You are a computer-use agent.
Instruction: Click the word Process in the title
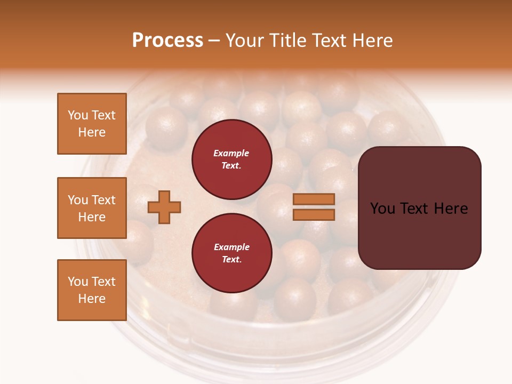tap(167, 40)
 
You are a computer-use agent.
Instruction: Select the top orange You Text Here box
tap(92, 124)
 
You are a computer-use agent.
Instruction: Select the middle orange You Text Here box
tap(92, 208)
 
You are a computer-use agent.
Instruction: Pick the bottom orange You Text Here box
tap(92, 290)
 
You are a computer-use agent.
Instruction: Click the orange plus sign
tap(164, 207)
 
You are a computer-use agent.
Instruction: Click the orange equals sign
tap(314, 207)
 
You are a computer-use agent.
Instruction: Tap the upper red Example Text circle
tap(231, 159)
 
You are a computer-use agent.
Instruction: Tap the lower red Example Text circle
tap(231, 253)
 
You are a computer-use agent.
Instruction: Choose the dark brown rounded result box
tap(419, 208)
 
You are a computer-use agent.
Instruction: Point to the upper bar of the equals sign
tap(314, 199)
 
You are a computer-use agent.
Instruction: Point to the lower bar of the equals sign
tap(314, 214)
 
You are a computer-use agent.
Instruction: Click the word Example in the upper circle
tap(231, 153)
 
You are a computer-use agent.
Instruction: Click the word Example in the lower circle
tap(231, 247)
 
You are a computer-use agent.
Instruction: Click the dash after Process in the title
tap(214, 41)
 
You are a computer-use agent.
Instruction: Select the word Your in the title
tap(243, 40)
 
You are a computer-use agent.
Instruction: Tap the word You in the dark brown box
tap(383, 209)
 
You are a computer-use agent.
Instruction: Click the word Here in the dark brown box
tap(451, 209)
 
